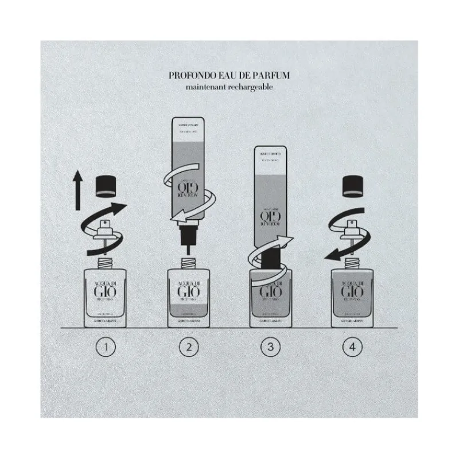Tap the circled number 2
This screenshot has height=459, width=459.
(189, 347)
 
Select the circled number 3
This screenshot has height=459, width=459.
(270, 347)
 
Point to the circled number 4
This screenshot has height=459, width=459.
(352, 347)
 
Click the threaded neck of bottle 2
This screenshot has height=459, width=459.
(189, 263)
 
